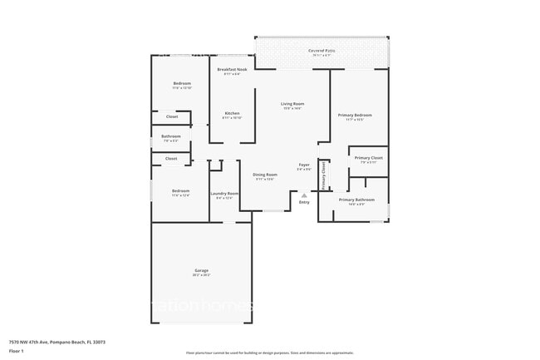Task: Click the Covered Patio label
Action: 322,51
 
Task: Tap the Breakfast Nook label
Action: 232,69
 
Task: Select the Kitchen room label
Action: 232,113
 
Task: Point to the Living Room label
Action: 292,104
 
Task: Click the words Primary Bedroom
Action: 354,115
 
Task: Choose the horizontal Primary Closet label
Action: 368,158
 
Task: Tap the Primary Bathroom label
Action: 357,200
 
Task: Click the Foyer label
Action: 304,165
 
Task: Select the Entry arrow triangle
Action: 304,195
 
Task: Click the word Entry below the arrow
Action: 304,202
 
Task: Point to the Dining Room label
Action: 264,175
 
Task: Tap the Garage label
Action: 201,270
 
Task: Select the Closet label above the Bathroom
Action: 171,116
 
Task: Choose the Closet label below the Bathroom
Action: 171,158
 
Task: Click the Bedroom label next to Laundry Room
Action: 181,191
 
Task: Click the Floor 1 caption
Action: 17,351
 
